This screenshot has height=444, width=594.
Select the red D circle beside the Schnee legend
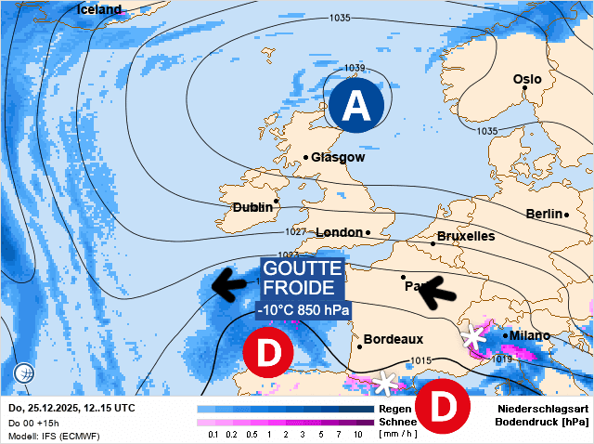coord(441,406)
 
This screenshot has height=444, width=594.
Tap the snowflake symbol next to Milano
coord(475,336)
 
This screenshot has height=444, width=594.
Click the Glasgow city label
coord(338,157)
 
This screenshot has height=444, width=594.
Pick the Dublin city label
coord(252,207)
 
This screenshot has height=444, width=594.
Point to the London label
coord(339,232)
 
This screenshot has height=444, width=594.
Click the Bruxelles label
coord(465,236)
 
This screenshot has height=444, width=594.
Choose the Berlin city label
coord(544,214)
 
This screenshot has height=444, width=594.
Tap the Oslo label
coord(527,79)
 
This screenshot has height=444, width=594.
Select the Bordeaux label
coord(394,339)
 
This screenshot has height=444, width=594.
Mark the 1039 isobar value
coord(355,68)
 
